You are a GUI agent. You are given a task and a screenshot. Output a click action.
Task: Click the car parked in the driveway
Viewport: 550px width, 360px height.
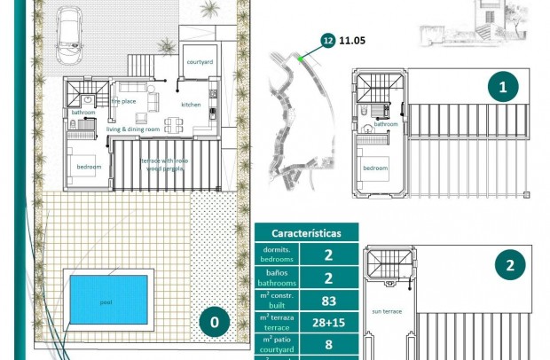coord(69,36)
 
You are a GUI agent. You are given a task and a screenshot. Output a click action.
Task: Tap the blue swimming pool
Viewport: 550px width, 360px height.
coord(107,301)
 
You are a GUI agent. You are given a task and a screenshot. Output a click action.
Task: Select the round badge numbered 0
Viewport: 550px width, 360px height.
coord(214,322)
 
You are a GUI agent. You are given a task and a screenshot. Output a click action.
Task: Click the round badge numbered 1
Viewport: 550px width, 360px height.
coord(503,87)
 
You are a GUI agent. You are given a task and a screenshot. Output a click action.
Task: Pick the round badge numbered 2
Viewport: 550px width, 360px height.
coord(509,265)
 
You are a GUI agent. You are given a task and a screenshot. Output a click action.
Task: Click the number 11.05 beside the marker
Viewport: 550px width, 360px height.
coord(352,40)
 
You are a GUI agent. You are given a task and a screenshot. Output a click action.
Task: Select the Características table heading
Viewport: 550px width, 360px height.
coord(306,233)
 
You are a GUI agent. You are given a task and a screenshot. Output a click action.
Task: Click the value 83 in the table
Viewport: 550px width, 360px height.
coord(328,301)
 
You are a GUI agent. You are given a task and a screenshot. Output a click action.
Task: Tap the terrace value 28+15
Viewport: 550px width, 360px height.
coord(328,323)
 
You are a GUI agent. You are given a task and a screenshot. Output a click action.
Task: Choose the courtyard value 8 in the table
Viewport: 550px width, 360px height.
coord(328,345)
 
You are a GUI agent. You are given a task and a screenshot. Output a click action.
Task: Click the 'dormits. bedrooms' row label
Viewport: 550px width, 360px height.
coord(277,255)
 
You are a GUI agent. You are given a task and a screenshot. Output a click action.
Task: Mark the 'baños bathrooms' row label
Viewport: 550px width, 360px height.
coord(277,278)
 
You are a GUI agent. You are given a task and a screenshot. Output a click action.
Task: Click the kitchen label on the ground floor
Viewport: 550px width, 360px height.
coord(192,106)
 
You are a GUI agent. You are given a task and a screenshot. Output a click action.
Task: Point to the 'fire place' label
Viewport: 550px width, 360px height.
coord(123,101)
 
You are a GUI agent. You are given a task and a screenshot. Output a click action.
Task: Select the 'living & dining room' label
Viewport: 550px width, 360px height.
coord(133,129)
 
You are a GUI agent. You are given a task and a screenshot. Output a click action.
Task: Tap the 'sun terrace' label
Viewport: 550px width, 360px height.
coord(387,311)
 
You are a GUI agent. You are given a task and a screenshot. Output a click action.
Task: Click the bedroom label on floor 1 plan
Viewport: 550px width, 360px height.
coord(374,168)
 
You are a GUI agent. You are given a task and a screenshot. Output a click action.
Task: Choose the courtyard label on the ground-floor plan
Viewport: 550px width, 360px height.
coord(199,62)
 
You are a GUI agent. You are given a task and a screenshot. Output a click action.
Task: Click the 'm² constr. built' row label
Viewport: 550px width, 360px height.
coord(277,300)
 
